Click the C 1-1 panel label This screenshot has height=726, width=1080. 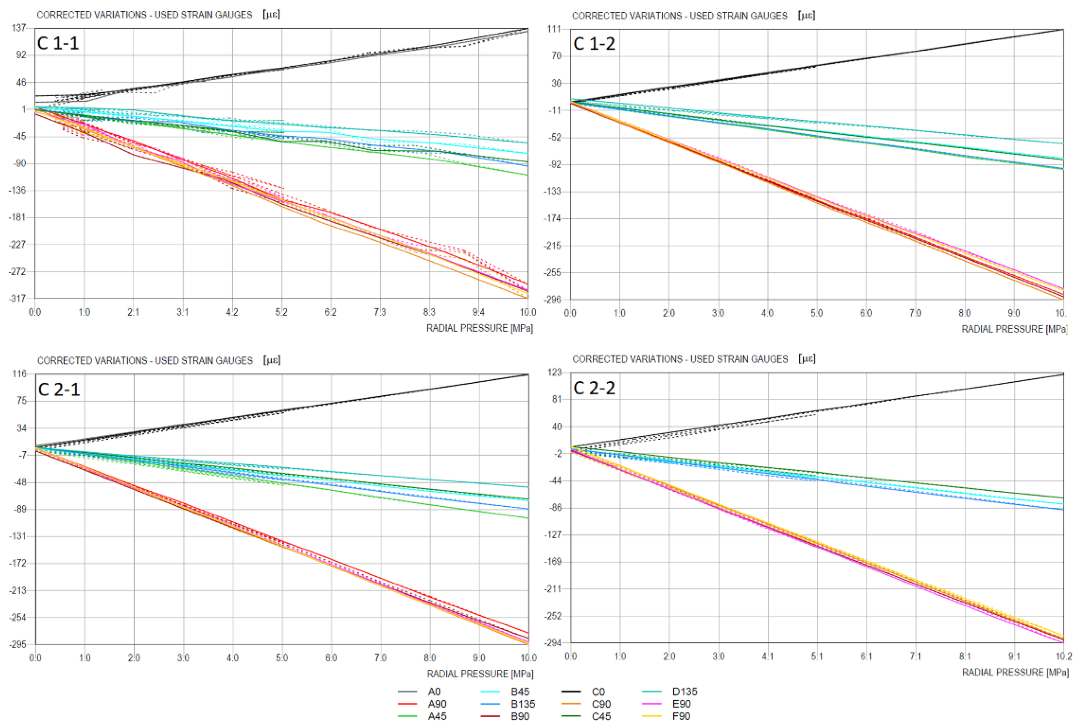coord(58,43)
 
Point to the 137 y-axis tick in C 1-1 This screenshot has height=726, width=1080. coord(19,28)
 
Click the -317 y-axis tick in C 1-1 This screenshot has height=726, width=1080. coord(17,299)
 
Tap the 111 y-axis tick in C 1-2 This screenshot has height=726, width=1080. coord(554,29)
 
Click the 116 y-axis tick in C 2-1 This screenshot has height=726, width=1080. coord(19,374)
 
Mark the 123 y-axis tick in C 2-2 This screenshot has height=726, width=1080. coord(554,372)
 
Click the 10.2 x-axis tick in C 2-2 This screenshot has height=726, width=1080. coord(1063,657)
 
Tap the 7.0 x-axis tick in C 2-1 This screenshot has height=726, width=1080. coord(380,658)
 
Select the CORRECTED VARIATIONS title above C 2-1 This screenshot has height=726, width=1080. coord(145,361)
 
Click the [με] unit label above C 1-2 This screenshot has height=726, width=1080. coord(807,15)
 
